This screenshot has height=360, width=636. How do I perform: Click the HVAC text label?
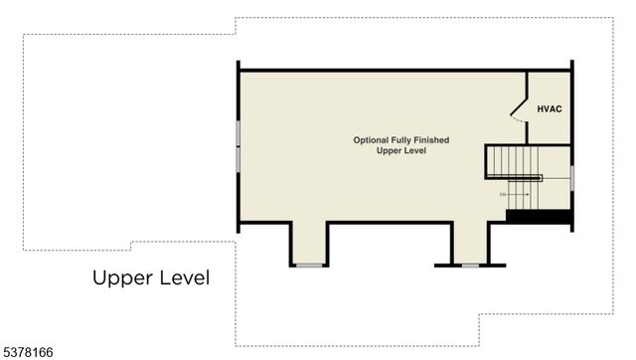550,108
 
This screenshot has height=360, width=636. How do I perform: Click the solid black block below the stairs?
538,215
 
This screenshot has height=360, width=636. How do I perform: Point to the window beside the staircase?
572,177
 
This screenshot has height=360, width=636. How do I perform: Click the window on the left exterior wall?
238,145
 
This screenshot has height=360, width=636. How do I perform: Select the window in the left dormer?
309,265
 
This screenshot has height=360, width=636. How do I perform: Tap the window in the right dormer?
470,265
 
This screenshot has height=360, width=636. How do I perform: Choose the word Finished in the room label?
434,140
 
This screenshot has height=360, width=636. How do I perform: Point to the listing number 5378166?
27,351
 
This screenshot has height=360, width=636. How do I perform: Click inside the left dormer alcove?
309,244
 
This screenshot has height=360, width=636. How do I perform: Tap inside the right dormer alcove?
470,244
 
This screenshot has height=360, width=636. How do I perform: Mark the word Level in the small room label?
414,151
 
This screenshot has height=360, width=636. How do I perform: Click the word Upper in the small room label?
389,151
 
